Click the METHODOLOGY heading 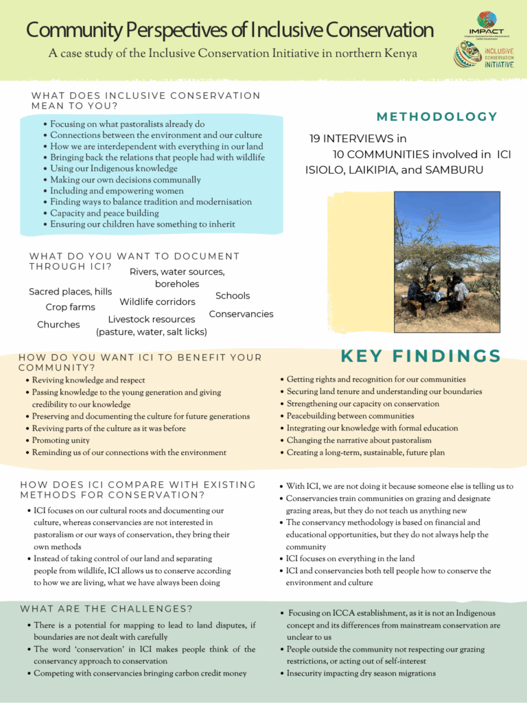click(437, 117)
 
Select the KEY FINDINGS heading click(421, 356)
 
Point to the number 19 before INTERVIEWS click(315, 139)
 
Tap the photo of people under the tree click(447, 262)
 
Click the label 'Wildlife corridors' click(157, 301)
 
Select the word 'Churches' click(58, 324)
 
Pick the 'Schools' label click(233, 295)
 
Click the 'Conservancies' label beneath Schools click(241, 314)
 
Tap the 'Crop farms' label click(70, 307)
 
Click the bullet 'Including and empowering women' click(117, 191)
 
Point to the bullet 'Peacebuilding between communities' click(350, 416)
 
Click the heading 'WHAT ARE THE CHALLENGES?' click(106, 609)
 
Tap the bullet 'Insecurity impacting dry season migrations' click(360, 673)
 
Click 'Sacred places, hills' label click(70, 291)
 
